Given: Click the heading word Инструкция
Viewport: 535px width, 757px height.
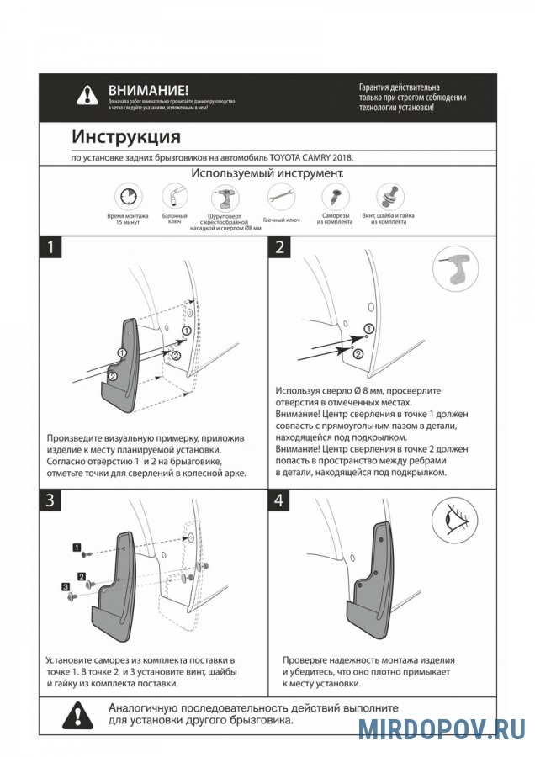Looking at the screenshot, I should click(125, 136).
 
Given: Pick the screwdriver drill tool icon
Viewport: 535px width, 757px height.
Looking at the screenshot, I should click(225, 198).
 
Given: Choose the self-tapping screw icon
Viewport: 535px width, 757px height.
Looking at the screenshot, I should click(334, 197).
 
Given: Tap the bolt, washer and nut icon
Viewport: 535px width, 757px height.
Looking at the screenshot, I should click(388, 197).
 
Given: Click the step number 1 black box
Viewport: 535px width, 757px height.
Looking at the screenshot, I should click(52, 248).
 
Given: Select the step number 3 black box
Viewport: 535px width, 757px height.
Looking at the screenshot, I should click(52, 500).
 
